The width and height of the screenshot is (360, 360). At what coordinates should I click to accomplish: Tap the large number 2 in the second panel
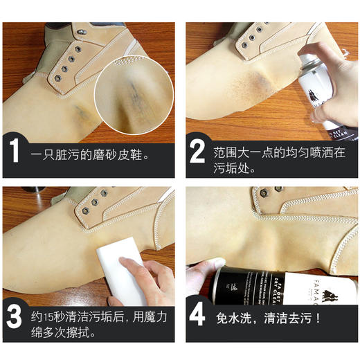coord(197,150)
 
